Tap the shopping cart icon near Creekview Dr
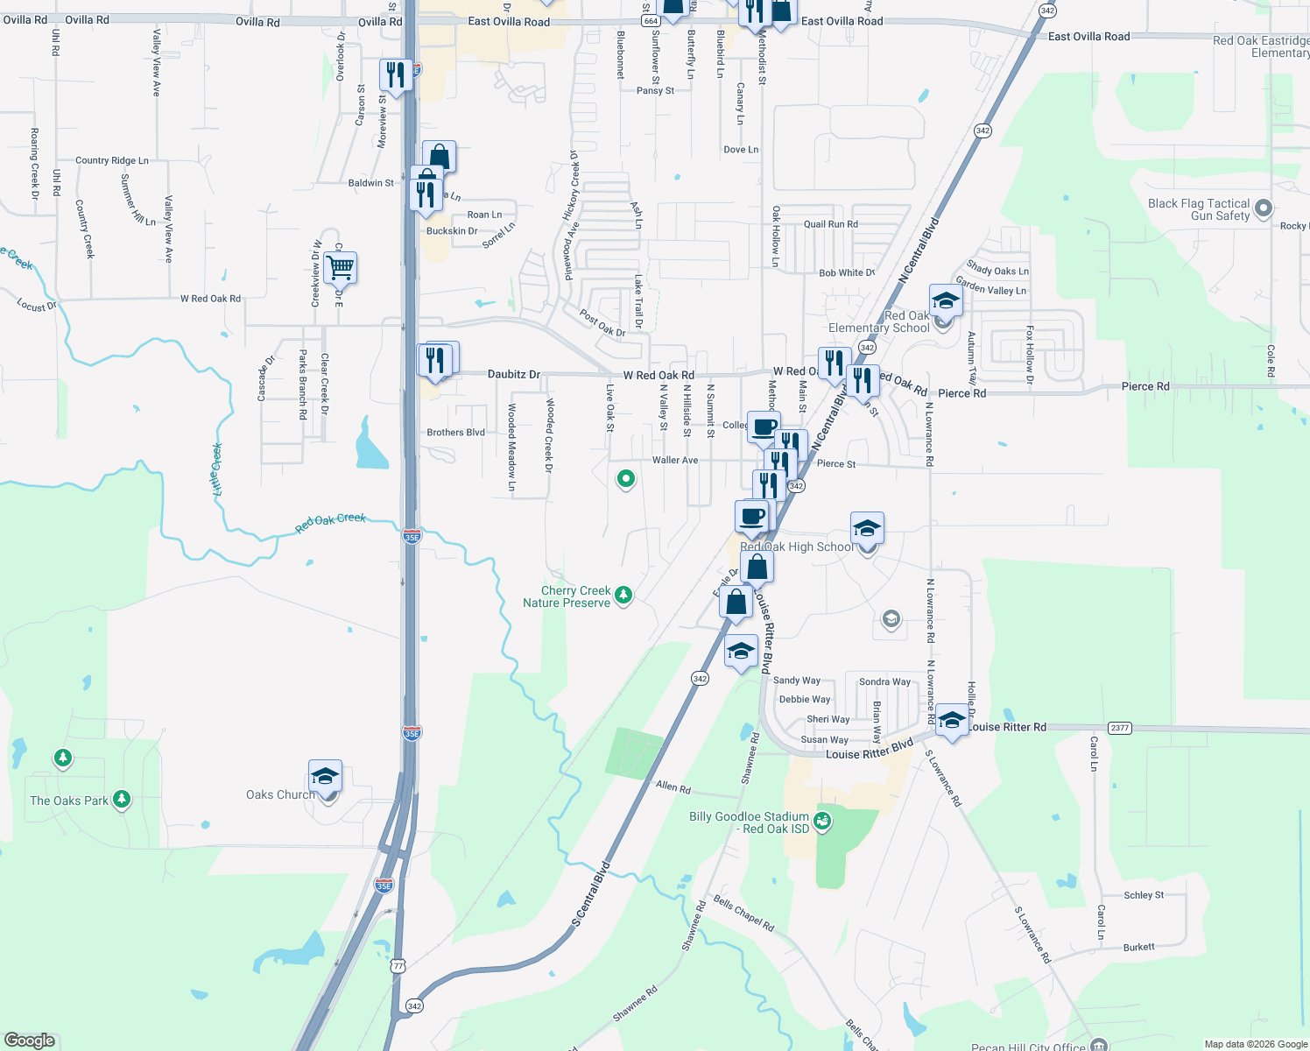tap(340, 266)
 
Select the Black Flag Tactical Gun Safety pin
tap(1263, 208)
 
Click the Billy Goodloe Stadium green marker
tap(822, 821)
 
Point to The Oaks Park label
tap(69, 801)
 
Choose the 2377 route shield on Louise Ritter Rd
tap(1119, 728)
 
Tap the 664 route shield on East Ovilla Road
tap(650, 20)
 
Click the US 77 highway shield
tap(398, 966)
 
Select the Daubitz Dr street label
tap(514, 374)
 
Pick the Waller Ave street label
tap(675, 460)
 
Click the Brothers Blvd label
tap(455, 433)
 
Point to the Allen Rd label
tap(673, 786)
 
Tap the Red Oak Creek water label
tap(330, 522)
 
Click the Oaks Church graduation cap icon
tap(325, 776)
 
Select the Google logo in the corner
tap(29, 1040)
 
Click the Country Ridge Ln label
tap(112, 160)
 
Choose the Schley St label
tap(1144, 895)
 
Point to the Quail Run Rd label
tap(831, 224)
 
